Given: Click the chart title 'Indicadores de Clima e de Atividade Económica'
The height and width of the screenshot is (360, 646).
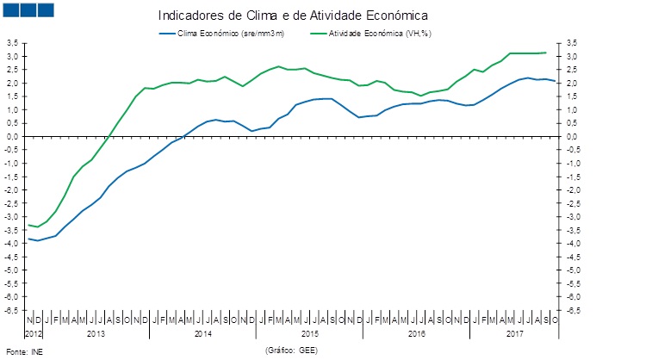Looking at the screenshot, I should click(x=294, y=16).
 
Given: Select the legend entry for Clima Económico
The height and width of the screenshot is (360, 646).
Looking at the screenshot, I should click(x=221, y=34).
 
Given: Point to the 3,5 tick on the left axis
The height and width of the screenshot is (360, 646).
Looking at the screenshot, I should click(x=11, y=43).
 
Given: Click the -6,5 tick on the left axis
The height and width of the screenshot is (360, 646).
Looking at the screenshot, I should click(x=11, y=310).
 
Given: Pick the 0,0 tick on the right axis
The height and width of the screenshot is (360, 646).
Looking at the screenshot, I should click(x=571, y=136).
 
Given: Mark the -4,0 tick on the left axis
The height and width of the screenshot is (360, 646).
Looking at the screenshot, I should click(x=11, y=244).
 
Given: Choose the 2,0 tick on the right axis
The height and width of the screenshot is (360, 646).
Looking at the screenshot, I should click(x=571, y=83).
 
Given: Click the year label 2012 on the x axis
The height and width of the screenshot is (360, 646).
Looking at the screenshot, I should click(x=33, y=332).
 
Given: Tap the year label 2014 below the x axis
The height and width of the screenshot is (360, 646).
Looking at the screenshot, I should click(x=203, y=332).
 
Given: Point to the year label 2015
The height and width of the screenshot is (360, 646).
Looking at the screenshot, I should click(x=310, y=332).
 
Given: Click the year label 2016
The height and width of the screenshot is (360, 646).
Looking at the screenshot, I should click(x=416, y=332).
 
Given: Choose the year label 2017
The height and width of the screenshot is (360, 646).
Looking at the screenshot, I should click(x=515, y=332).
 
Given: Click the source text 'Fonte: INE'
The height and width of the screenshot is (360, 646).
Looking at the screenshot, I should click(x=23, y=351).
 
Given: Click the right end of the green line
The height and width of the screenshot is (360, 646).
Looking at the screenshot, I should click(x=546, y=53).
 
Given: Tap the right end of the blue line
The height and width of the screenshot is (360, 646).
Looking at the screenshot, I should click(x=555, y=81).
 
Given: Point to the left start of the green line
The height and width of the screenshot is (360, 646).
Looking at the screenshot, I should click(x=28, y=225).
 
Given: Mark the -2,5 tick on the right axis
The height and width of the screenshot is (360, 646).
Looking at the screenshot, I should click(x=571, y=203).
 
